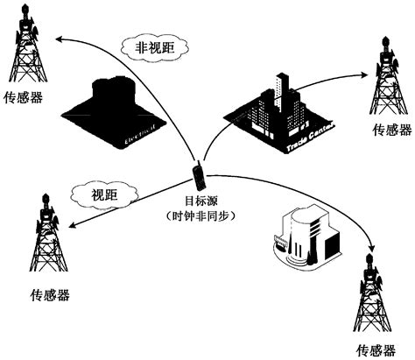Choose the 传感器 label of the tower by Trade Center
(x=390, y=131)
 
